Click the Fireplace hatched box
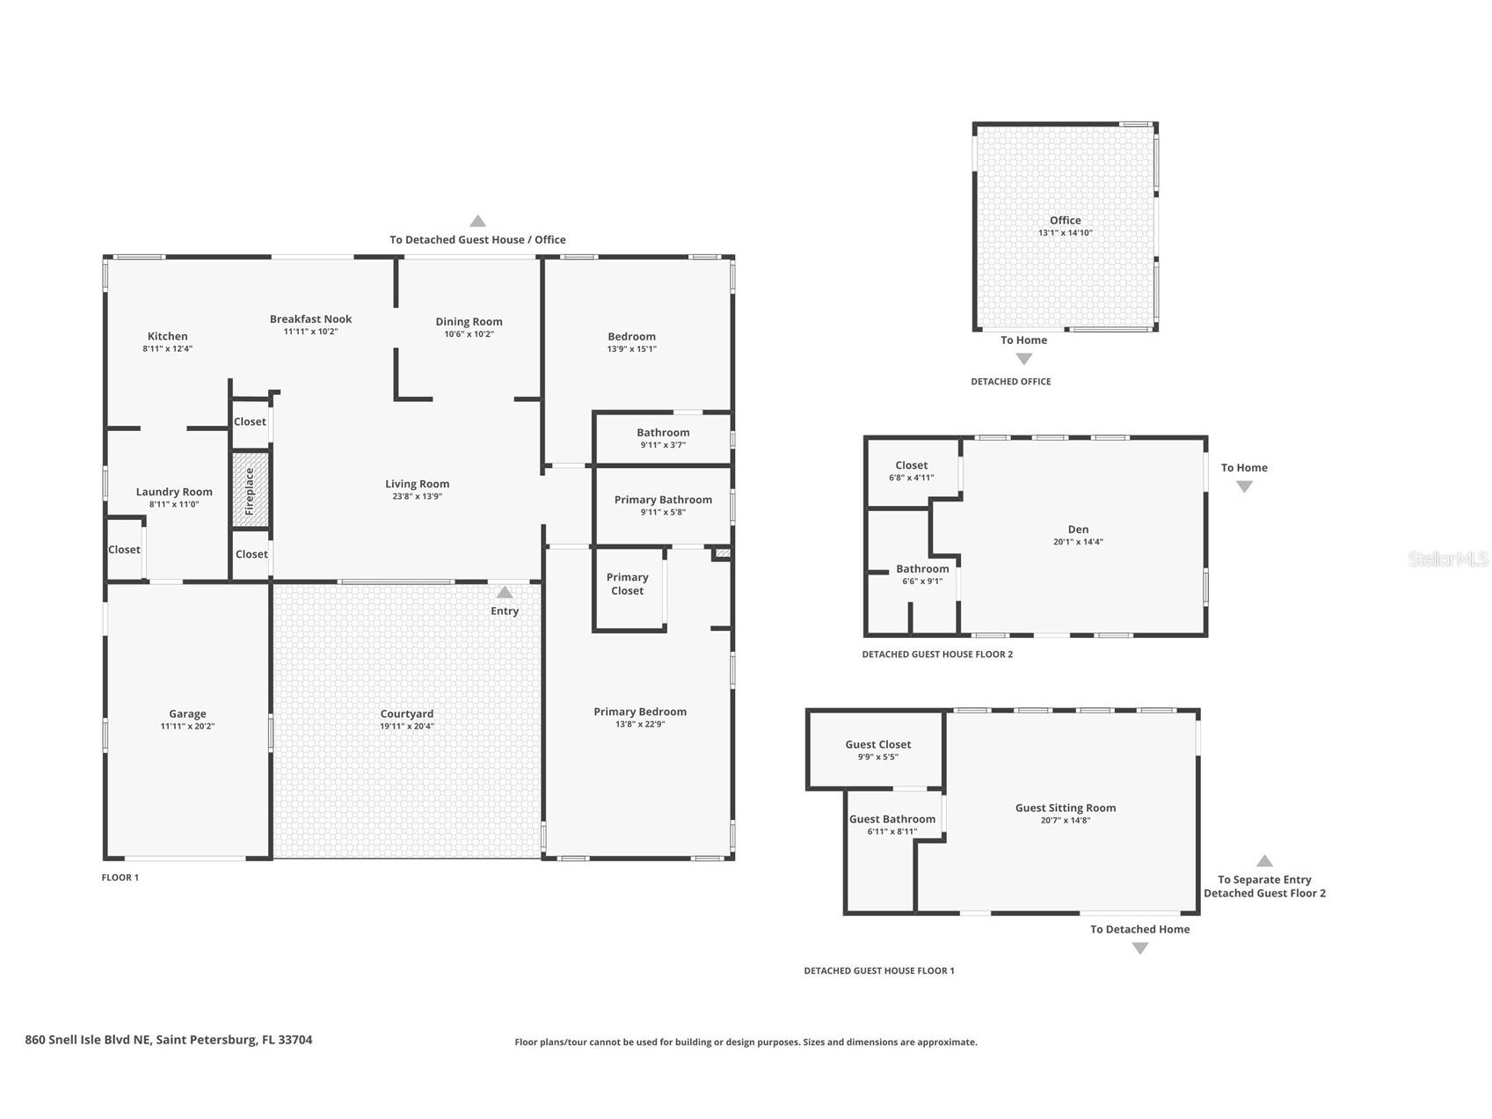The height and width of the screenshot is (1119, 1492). pyautogui.click(x=251, y=491)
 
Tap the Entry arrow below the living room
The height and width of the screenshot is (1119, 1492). pyautogui.click(x=505, y=593)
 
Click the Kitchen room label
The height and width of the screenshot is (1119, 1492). pyautogui.click(x=167, y=336)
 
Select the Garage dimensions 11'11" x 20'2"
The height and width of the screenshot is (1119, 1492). pyautogui.click(x=187, y=727)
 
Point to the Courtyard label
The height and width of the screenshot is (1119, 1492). pyautogui.click(x=407, y=713)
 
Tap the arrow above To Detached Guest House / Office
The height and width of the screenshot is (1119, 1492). pyautogui.click(x=477, y=222)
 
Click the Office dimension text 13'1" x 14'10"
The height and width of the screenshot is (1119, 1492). pyautogui.click(x=1065, y=233)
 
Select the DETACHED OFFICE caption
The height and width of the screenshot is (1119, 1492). pyautogui.click(x=1010, y=382)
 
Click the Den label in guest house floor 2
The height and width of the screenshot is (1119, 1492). pyautogui.click(x=1078, y=530)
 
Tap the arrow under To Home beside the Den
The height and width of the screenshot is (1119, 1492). pyautogui.click(x=1244, y=486)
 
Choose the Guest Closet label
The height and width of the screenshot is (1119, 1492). pyautogui.click(x=877, y=744)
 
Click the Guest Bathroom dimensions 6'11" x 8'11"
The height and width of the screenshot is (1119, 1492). pyautogui.click(x=892, y=831)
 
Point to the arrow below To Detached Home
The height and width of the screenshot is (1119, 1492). pyautogui.click(x=1139, y=948)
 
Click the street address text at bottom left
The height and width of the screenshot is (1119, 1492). pyautogui.click(x=169, y=1040)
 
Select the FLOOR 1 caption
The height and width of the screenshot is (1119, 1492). pyautogui.click(x=120, y=878)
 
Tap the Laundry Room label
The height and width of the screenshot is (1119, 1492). pyautogui.click(x=174, y=492)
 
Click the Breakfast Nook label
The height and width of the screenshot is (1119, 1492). pyautogui.click(x=310, y=319)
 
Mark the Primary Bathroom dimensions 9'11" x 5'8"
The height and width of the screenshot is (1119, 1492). pyautogui.click(x=663, y=512)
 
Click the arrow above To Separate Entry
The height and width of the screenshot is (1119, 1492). pyautogui.click(x=1264, y=861)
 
